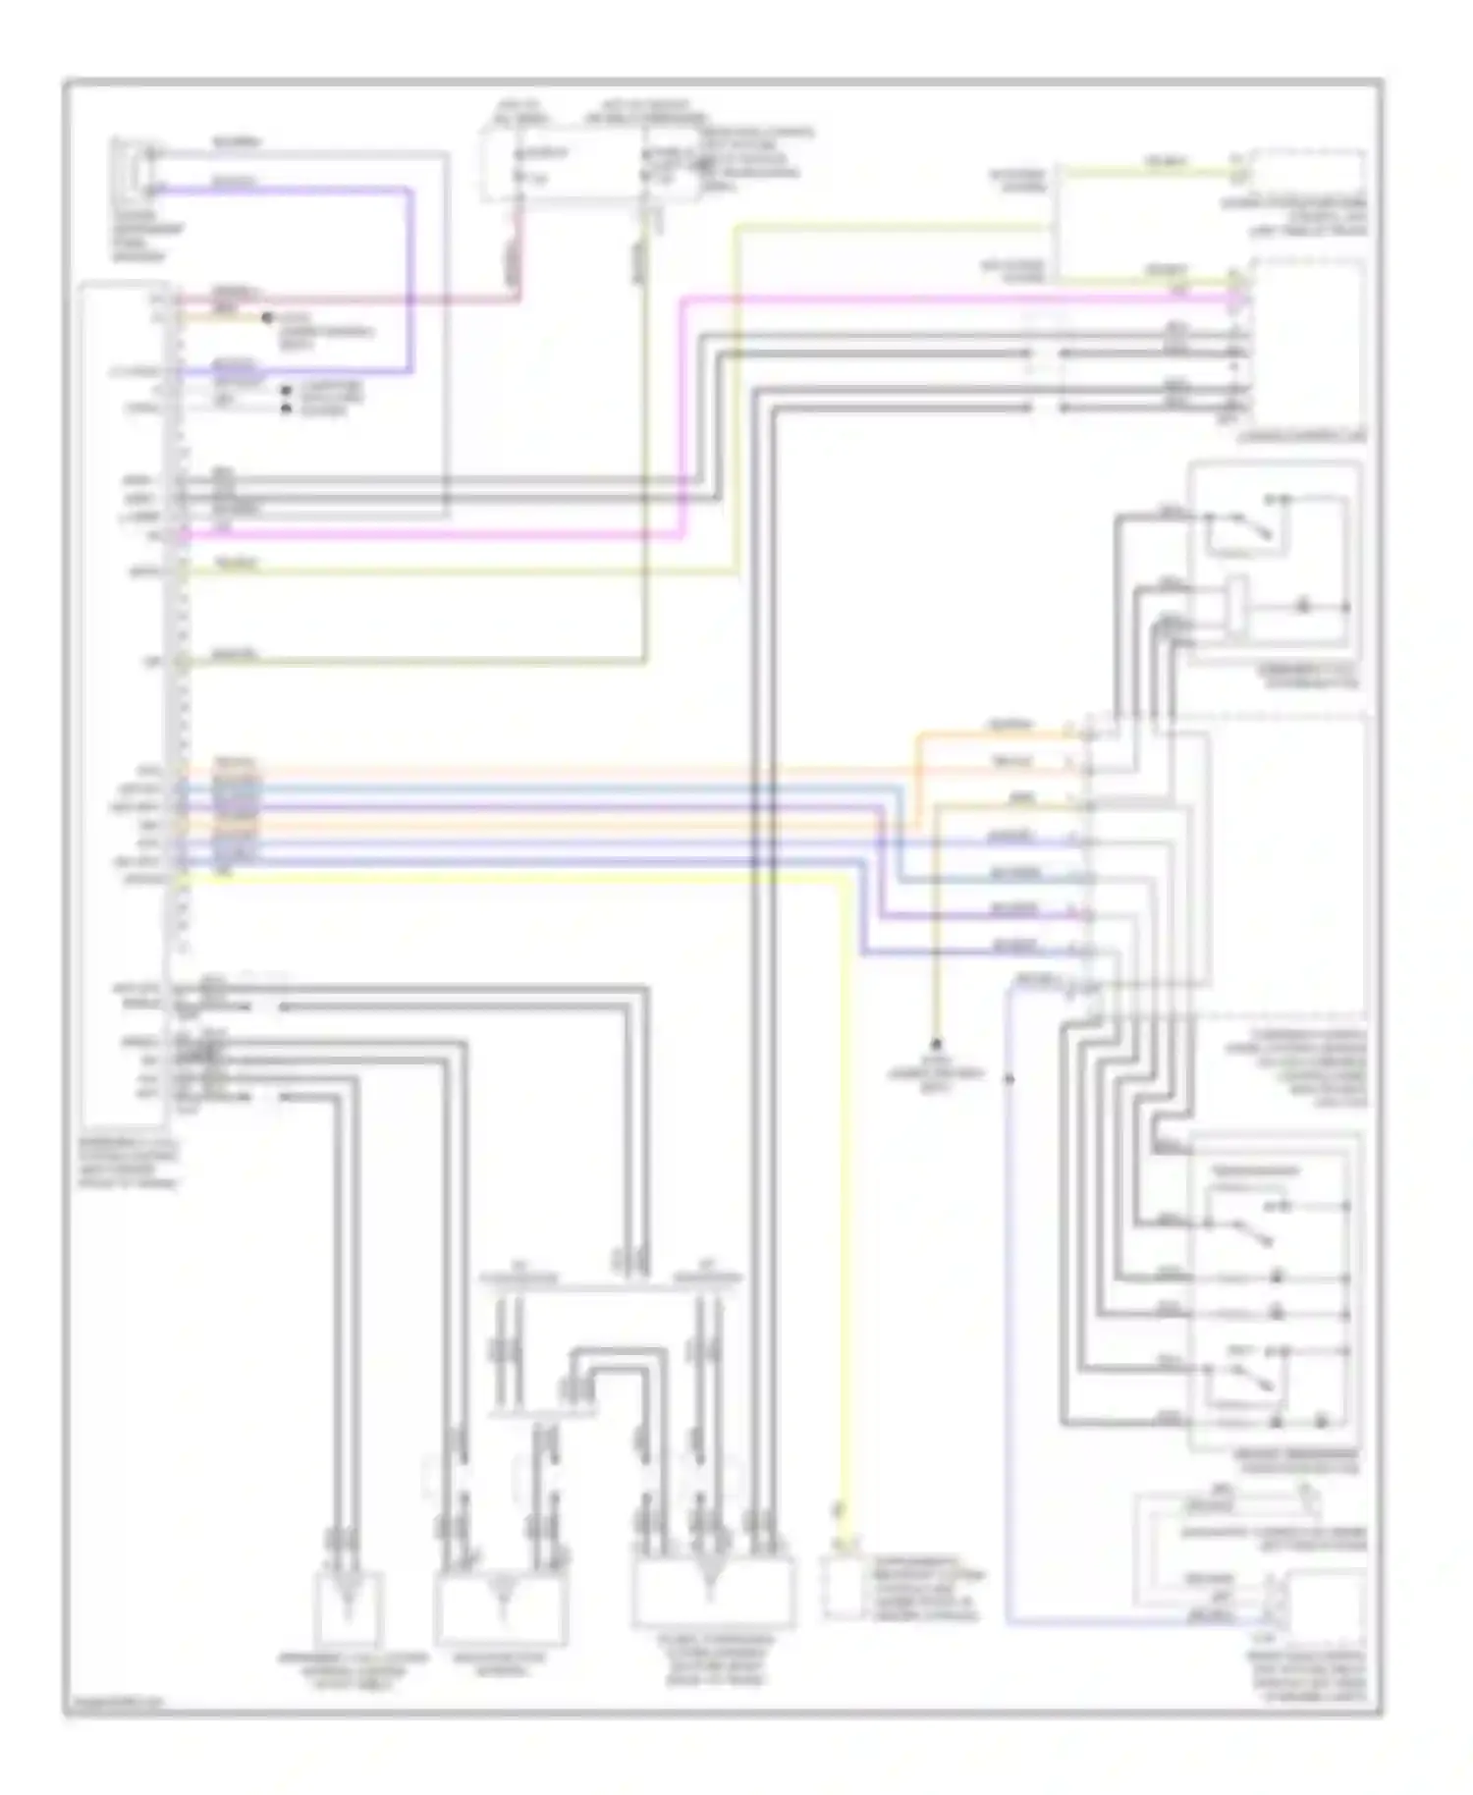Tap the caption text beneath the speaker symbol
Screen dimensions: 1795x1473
pyautogui.click(x=138, y=235)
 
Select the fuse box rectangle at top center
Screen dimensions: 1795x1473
pyautogui.click(x=589, y=162)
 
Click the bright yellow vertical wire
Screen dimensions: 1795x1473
pyautogui.click(x=846, y=1178)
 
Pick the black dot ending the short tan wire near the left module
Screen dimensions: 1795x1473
pyautogui.click(x=265, y=317)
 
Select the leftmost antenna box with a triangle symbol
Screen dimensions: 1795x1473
pyautogui.click(x=348, y=1607)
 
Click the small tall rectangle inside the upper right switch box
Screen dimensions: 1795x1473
pyautogui.click(x=1237, y=601)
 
